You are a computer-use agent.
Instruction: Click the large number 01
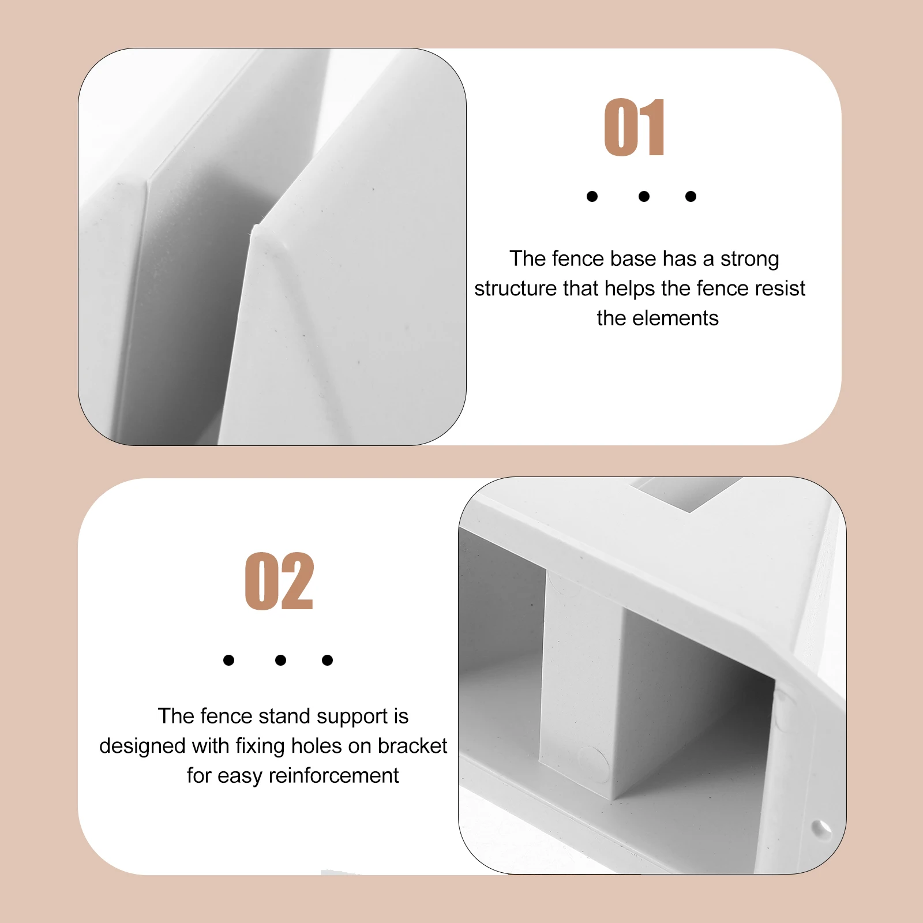point(635,127)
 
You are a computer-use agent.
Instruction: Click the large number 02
point(279,581)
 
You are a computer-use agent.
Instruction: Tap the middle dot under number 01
point(644,197)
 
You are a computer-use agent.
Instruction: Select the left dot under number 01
point(592,197)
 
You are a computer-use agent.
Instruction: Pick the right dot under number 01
point(691,197)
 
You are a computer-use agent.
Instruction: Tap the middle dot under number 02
point(280,660)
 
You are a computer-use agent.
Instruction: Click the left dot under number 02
point(228,660)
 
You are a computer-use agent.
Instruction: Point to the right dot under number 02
point(327,660)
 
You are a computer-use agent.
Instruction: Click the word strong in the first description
point(749,259)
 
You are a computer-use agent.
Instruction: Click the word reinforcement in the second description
point(333,776)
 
